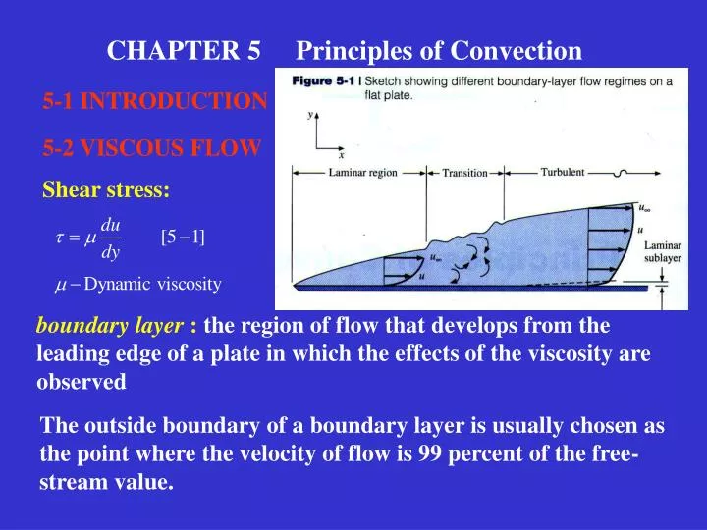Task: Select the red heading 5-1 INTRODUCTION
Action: click(x=154, y=101)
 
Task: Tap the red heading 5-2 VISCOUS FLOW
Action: click(x=151, y=148)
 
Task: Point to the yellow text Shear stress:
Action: click(x=105, y=189)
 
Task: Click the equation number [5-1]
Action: click(x=183, y=236)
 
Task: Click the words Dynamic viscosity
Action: click(x=152, y=285)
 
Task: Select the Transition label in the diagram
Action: click(x=464, y=173)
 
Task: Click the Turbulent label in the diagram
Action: click(x=563, y=172)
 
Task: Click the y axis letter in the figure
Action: click(x=310, y=115)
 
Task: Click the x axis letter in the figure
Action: click(x=341, y=155)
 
